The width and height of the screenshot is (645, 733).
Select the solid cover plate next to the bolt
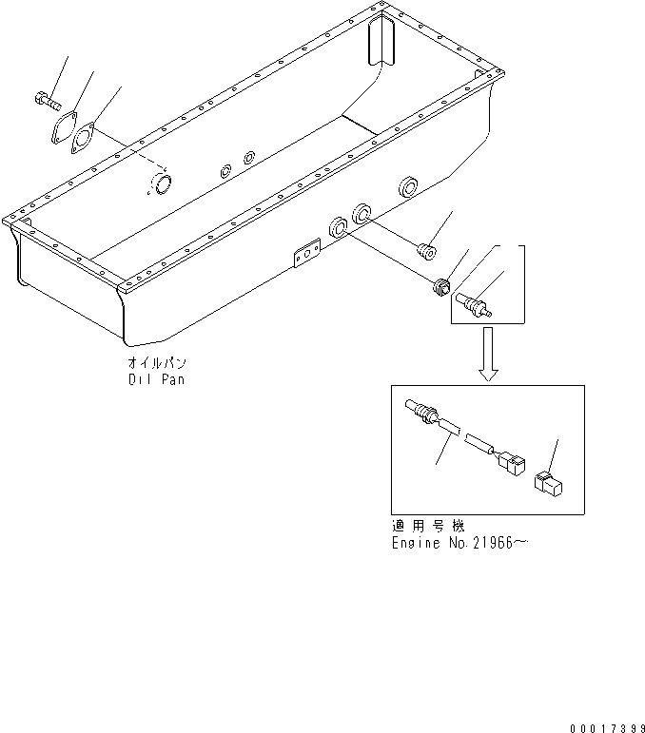click(64, 129)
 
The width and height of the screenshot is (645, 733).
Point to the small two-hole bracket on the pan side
click(305, 255)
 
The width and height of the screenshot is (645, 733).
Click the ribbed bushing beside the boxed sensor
click(440, 287)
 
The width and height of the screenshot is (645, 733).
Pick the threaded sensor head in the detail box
click(420, 411)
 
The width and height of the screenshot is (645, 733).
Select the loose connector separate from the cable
click(549, 485)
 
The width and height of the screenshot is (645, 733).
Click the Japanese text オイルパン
click(156, 363)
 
